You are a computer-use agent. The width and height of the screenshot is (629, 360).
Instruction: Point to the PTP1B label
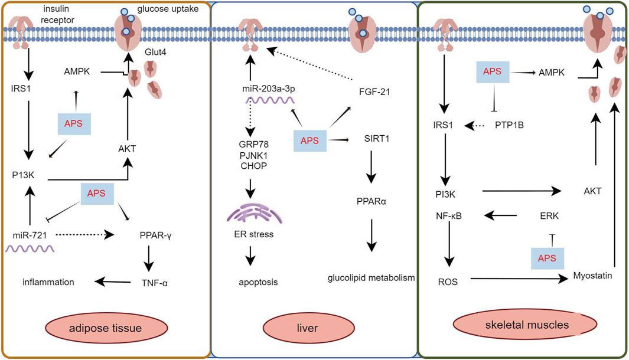[x=510, y=126]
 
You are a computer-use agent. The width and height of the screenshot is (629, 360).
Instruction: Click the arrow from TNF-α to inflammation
[x=110, y=282]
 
